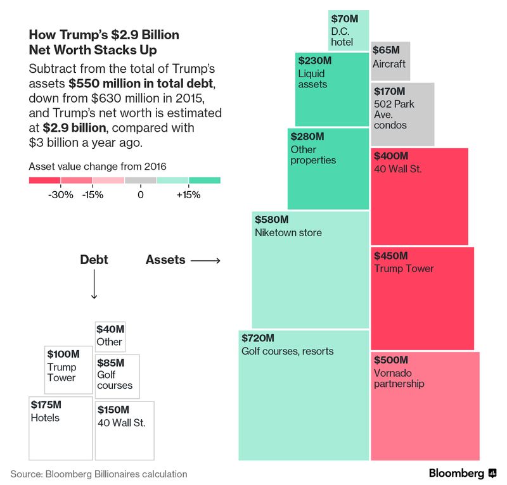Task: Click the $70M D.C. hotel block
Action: coord(349,30)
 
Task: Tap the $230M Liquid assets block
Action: coord(331,89)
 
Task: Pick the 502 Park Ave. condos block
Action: coord(402,115)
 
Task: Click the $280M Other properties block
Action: coord(328,168)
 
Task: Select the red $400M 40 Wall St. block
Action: coord(419,196)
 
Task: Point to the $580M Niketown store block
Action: coord(311,270)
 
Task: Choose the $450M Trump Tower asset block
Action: coord(421,298)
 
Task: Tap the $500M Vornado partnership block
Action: coord(425,406)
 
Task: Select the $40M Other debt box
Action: coord(110,337)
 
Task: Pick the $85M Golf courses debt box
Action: coord(117,376)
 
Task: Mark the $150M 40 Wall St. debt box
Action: coord(124,431)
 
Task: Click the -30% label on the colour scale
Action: coord(61,195)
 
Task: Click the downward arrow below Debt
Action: coord(94,284)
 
